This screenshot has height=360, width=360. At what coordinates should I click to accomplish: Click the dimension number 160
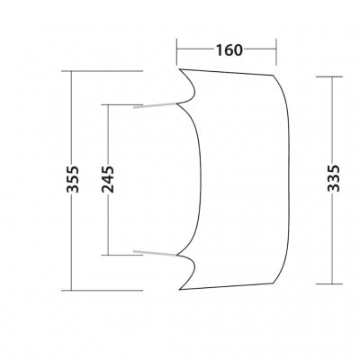coord(229,50)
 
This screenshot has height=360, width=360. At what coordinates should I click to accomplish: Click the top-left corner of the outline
coord(179,68)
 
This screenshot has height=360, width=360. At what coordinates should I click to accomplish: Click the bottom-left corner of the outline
coord(179,290)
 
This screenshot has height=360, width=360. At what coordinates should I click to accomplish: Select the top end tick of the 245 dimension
coord(108,104)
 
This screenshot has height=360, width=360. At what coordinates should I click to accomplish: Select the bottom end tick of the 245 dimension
coord(108,254)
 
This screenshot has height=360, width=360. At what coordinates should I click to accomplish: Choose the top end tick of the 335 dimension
coord(335,77)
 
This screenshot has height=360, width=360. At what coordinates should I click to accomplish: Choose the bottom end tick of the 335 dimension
coord(335,282)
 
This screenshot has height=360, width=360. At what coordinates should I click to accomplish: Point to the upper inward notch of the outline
coord(190,102)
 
